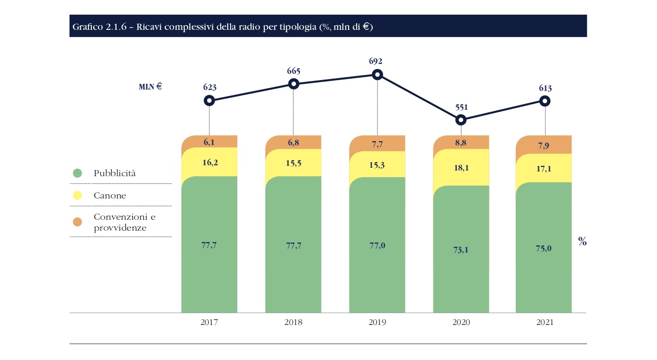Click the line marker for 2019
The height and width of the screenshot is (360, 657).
(377, 74)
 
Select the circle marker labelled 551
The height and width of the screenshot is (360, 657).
(461, 120)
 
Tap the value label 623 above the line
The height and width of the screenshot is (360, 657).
(209, 87)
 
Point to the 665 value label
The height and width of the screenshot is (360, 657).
(293, 71)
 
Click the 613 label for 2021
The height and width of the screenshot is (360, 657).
(545, 88)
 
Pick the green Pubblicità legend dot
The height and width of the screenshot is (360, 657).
(77, 173)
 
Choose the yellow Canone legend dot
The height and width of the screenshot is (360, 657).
(77, 196)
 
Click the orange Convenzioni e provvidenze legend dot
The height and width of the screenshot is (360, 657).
(77, 222)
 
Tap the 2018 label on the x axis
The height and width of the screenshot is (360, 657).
(293, 323)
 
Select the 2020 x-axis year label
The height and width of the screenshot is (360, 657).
(461, 323)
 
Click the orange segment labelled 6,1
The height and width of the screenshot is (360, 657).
(209, 141)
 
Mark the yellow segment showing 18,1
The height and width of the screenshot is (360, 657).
(461, 167)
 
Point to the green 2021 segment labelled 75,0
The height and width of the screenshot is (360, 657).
(544, 248)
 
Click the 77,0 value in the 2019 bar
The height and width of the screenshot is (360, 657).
(377, 245)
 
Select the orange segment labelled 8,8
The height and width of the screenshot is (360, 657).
(461, 142)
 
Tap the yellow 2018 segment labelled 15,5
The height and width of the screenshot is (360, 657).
(293, 165)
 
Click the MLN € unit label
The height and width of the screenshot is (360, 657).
(150, 87)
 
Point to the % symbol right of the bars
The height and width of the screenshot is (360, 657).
(582, 241)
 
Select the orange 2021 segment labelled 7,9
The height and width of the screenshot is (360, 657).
(544, 145)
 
